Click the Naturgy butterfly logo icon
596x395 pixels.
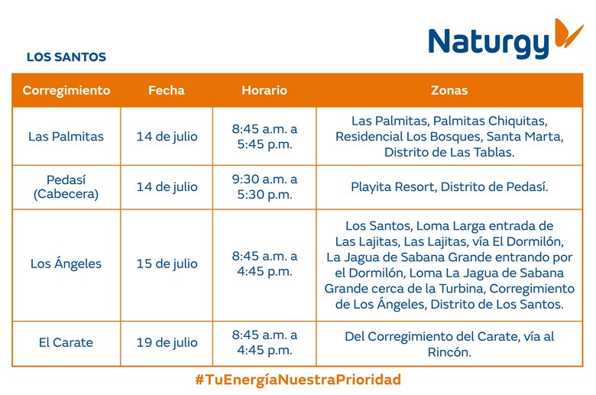click(568, 33)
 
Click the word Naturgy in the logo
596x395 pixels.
click(488, 43)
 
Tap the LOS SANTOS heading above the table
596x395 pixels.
click(66, 57)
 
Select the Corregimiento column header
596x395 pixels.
click(66, 90)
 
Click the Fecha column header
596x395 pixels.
click(167, 90)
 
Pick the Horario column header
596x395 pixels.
click(264, 90)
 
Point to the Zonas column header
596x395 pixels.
click(449, 90)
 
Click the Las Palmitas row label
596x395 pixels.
click(66, 137)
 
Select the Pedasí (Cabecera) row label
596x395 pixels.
click(66, 187)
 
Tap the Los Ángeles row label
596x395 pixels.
click(66, 264)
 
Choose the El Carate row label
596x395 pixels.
click(66, 343)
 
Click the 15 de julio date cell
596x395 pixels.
click(167, 264)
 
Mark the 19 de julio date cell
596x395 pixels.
click(167, 343)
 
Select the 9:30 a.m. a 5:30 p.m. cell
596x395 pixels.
click(264, 187)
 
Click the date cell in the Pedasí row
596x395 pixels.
click(167, 187)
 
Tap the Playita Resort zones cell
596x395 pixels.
click(449, 187)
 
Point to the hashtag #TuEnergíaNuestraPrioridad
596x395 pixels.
click(298, 380)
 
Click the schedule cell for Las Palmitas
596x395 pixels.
click(264, 137)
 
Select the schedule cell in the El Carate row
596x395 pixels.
click(264, 343)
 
